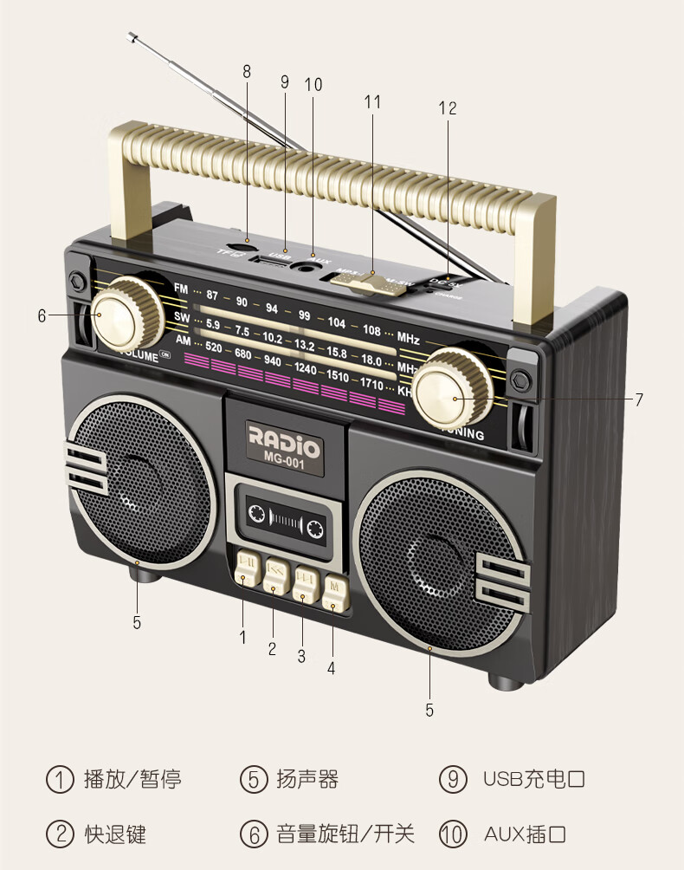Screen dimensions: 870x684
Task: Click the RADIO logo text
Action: coord(284,433)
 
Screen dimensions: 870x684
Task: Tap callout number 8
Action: coord(247,73)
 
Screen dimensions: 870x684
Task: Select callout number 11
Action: coord(372,101)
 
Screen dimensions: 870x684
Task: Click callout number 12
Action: coord(447,108)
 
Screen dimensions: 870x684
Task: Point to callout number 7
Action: coord(639,399)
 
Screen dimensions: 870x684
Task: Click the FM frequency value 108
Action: coord(371,329)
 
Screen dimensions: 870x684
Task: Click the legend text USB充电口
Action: coord(534,779)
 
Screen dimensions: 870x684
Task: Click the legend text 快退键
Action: coord(115,834)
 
